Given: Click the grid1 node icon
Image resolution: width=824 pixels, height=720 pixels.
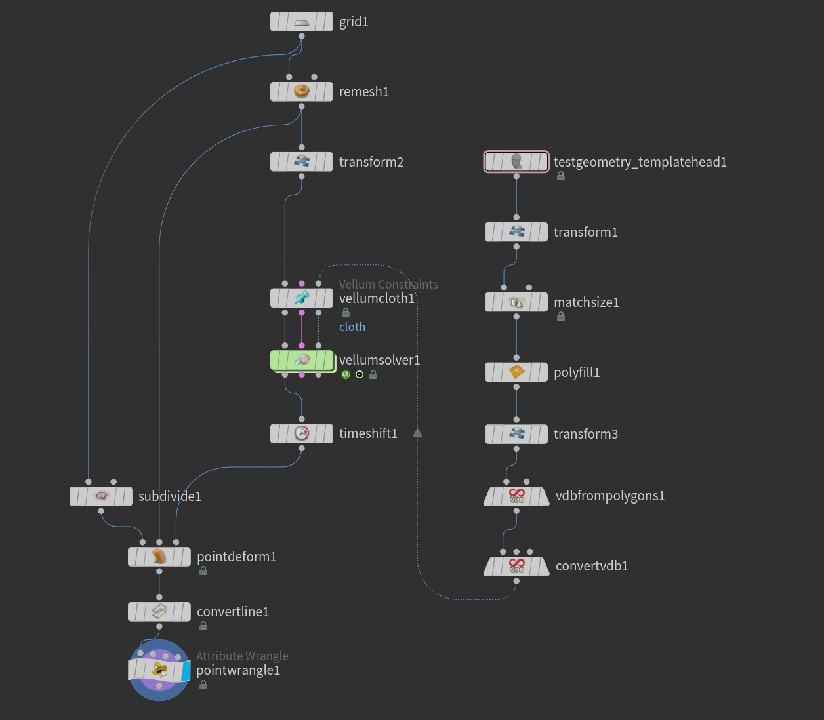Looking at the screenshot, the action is pyautogui.click(x=301, y=22).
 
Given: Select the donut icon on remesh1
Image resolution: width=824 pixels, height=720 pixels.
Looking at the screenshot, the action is pyautogui.click(x=301, y=91).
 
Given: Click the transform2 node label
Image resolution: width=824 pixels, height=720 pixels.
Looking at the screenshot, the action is pyautogui.click(x=371, y=162).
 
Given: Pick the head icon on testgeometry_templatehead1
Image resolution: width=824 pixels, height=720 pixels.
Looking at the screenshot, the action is pyautogui.click(x=516, y=161).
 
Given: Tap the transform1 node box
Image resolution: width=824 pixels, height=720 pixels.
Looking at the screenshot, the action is pyautogui.click(x=516, y=232).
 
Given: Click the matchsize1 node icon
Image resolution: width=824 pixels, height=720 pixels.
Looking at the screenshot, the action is pyautogui.click(x=516, y=302).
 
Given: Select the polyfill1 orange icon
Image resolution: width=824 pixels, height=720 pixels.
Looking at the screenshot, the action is pyautogui.click(x=516, y=372).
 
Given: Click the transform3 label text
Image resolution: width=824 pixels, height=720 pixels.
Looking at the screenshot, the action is pyautogui.click(x=586, y=434).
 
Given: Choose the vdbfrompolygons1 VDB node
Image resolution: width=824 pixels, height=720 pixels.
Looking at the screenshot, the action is pyautogui.click(x=516, y=496).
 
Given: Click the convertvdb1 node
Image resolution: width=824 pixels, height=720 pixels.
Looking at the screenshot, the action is pyautogui.click(x=516, y=567).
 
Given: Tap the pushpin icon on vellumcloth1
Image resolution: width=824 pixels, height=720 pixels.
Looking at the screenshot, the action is pyautogui.click(x=302, y=298).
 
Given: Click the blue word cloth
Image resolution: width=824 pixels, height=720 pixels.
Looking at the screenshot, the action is pyautogui.click(x=352, y=327).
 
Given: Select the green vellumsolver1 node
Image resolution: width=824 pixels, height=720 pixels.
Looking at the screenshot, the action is pyautogui.click(x=302, y=360).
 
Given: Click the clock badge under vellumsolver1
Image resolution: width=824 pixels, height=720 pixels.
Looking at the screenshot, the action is pyautogui.click(x=360, y=374).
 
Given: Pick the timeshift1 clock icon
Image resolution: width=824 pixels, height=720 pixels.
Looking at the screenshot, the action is pyautogui.click(x=301, y=433).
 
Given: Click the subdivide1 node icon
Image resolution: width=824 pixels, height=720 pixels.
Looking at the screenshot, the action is pyautogui.click(x=101, y=496).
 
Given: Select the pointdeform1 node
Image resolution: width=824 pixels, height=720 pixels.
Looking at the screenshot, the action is pyautogui.click(x=159, y=557).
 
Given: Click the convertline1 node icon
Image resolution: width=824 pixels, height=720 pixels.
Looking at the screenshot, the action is pyautogui.click(x=159, y=612).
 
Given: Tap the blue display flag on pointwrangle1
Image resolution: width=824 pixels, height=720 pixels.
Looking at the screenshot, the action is pyautogui.click(x=186, y=671).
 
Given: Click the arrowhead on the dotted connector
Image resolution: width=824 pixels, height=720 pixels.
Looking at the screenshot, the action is pyautogui.click(x=417, y=433).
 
